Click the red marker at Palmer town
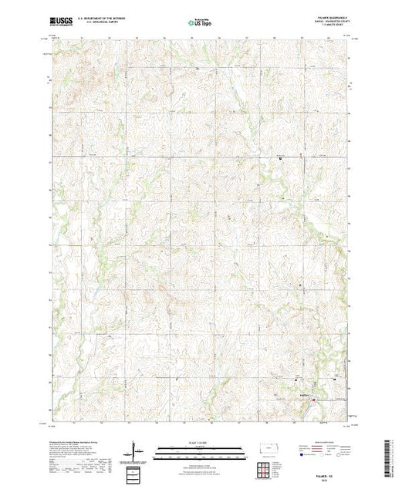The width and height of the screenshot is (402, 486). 313,398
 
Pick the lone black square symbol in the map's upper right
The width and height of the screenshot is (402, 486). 279,159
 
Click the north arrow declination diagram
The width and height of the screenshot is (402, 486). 134,451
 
